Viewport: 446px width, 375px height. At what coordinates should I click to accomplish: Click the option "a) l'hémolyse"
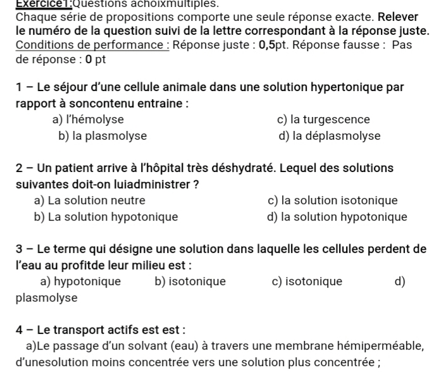(x=88, y=120)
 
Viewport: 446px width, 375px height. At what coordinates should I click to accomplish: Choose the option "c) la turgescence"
(x=323, y=120)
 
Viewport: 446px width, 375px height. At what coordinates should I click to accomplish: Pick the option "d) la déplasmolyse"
(x=329, y=136)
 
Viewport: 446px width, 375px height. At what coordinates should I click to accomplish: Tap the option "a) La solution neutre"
(x=90, y=201)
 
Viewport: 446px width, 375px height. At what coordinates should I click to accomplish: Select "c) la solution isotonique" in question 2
(x=333, y=201)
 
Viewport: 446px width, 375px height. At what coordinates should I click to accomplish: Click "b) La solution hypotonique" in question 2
(x=106, y=218)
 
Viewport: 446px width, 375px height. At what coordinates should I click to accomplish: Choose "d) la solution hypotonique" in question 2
(x=337, y=218)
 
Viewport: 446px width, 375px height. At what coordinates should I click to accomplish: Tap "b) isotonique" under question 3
(x=190, y=282)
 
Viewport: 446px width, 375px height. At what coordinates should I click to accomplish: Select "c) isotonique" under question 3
(x=307, y=282)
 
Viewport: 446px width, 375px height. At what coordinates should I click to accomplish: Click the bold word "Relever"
(x=398, y=16)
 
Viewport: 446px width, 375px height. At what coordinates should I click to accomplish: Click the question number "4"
(x=20, y=330)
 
